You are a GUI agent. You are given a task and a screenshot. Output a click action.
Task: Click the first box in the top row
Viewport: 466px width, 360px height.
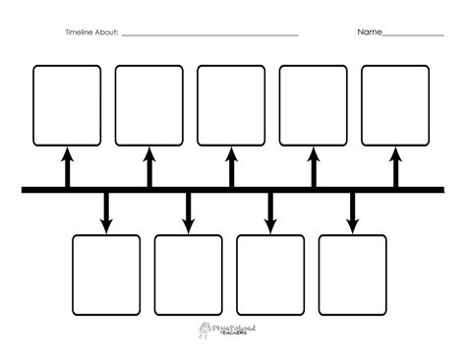click(x=67, y=104)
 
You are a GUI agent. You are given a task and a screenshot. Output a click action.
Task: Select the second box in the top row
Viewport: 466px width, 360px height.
click(x=149, y=104)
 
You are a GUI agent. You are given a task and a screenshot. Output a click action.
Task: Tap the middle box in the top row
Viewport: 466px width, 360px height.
click(x=231, y=104)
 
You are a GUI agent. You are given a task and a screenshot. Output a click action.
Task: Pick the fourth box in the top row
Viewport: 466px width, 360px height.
click(x=314, y=104)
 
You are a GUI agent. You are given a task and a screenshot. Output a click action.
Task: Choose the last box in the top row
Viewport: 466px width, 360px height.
click(x=395, y=104)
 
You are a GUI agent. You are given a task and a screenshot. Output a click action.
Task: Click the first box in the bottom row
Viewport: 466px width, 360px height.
click(x=106, y=272)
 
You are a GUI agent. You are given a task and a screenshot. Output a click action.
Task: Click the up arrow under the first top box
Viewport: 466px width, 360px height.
click(x=67, y=165)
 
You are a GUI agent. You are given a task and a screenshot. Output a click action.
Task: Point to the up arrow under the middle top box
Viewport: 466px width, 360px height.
click(x=232, y=165)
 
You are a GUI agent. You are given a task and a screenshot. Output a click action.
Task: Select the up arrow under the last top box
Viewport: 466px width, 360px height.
click(x=396, y=165)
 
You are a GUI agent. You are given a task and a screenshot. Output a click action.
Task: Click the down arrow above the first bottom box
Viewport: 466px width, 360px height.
click(x=106, y=212)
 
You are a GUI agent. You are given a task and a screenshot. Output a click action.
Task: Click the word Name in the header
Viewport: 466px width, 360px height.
click(x=369, y=32)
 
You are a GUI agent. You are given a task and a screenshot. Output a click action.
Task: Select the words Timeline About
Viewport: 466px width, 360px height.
click(x=91, y=33)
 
